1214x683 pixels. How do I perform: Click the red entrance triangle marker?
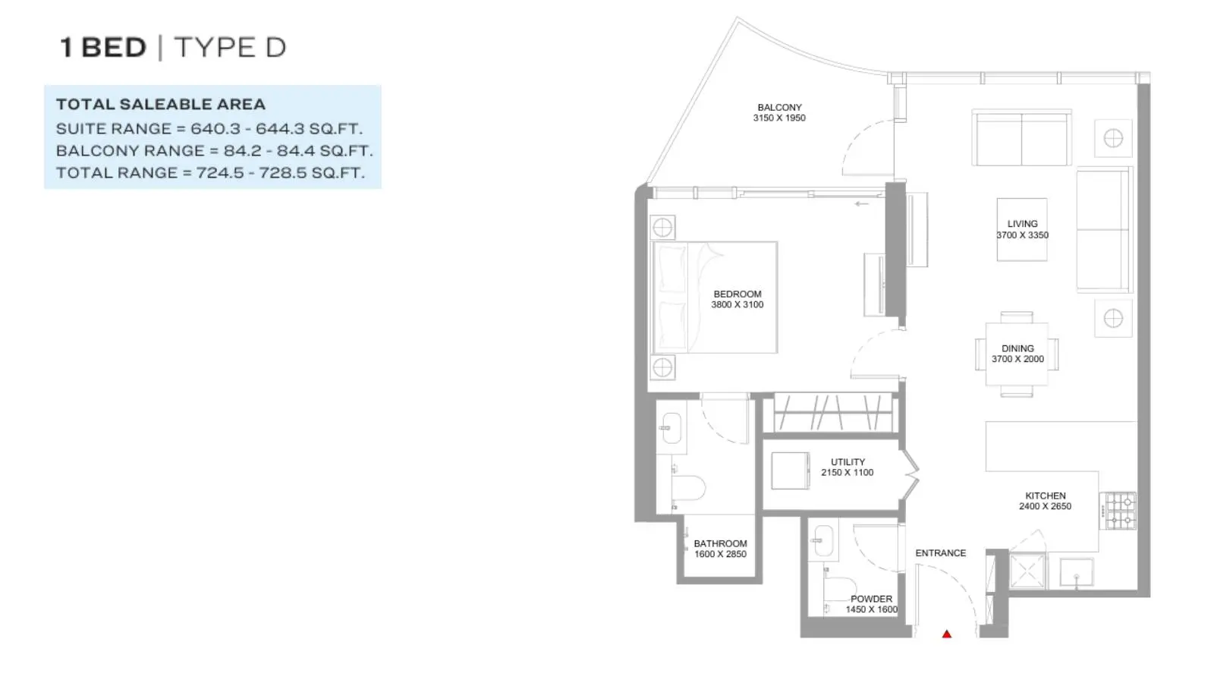click(947, 634)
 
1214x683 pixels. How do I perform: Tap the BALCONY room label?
click(779, 107)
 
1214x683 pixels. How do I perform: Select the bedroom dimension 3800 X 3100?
click(737, 304)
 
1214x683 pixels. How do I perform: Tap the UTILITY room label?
click(848, 462)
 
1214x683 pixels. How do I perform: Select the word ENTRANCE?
click(940, 553)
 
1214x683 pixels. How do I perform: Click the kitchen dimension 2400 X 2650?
click(1045, 506)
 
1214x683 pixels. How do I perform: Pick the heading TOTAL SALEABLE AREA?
click(161, 104)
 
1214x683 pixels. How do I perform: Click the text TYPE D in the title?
click(230, 48)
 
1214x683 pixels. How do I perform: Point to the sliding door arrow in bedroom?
click(862, 204)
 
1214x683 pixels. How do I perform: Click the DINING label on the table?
click(1017, 348)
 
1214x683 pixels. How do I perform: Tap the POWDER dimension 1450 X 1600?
click(872, 609)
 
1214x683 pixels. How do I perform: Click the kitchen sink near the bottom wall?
click(1076, 572)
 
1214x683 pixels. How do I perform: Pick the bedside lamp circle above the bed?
click(662, 228)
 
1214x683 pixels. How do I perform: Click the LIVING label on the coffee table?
click(1022, 224)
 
